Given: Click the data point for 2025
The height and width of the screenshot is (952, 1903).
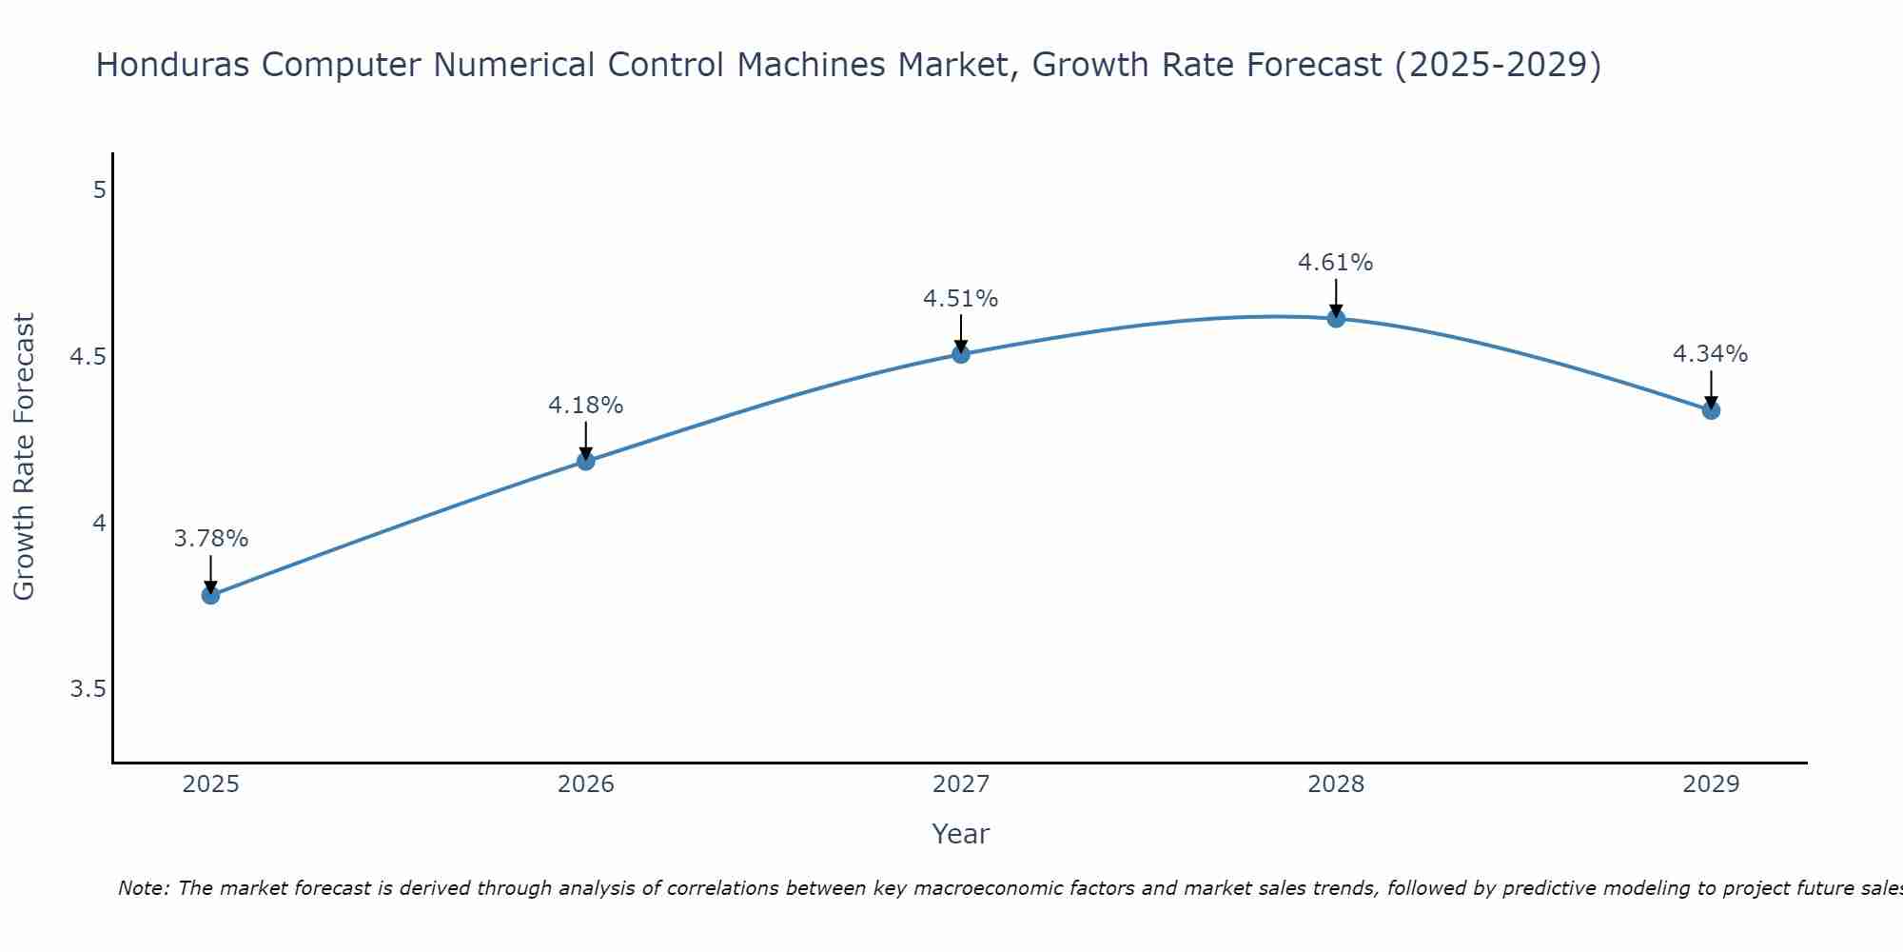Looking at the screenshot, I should (210, 595).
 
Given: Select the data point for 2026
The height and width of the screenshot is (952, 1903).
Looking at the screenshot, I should (586, 461).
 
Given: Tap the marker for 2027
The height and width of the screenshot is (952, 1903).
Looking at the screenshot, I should (961, 354).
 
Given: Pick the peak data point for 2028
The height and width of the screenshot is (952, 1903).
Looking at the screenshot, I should (1336, 318).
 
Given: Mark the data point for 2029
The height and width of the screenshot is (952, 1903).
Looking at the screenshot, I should (1711, 410).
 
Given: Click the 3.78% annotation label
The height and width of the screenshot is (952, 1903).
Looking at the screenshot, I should (211, 539).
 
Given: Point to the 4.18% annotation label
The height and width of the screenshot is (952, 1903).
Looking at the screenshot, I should (586, 406).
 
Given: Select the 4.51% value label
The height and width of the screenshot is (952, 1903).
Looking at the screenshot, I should (961, 299).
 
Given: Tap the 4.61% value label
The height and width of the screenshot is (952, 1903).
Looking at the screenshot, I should (1336, 263).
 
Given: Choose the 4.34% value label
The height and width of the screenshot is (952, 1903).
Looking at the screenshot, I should (1711, 354).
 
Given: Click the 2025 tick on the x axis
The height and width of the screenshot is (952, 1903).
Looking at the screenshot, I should (211, 784).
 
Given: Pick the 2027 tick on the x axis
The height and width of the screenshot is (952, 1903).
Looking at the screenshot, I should (961, 784).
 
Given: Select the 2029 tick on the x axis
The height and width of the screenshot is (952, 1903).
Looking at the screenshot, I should (1711, 784).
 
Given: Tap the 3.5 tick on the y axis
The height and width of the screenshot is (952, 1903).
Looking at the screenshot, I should (88, 689).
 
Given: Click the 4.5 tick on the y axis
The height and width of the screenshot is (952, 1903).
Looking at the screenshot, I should (88, 357).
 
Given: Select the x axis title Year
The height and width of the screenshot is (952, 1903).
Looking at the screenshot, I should (961, 834).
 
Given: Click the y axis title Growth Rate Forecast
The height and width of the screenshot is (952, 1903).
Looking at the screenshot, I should (25, 457).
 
